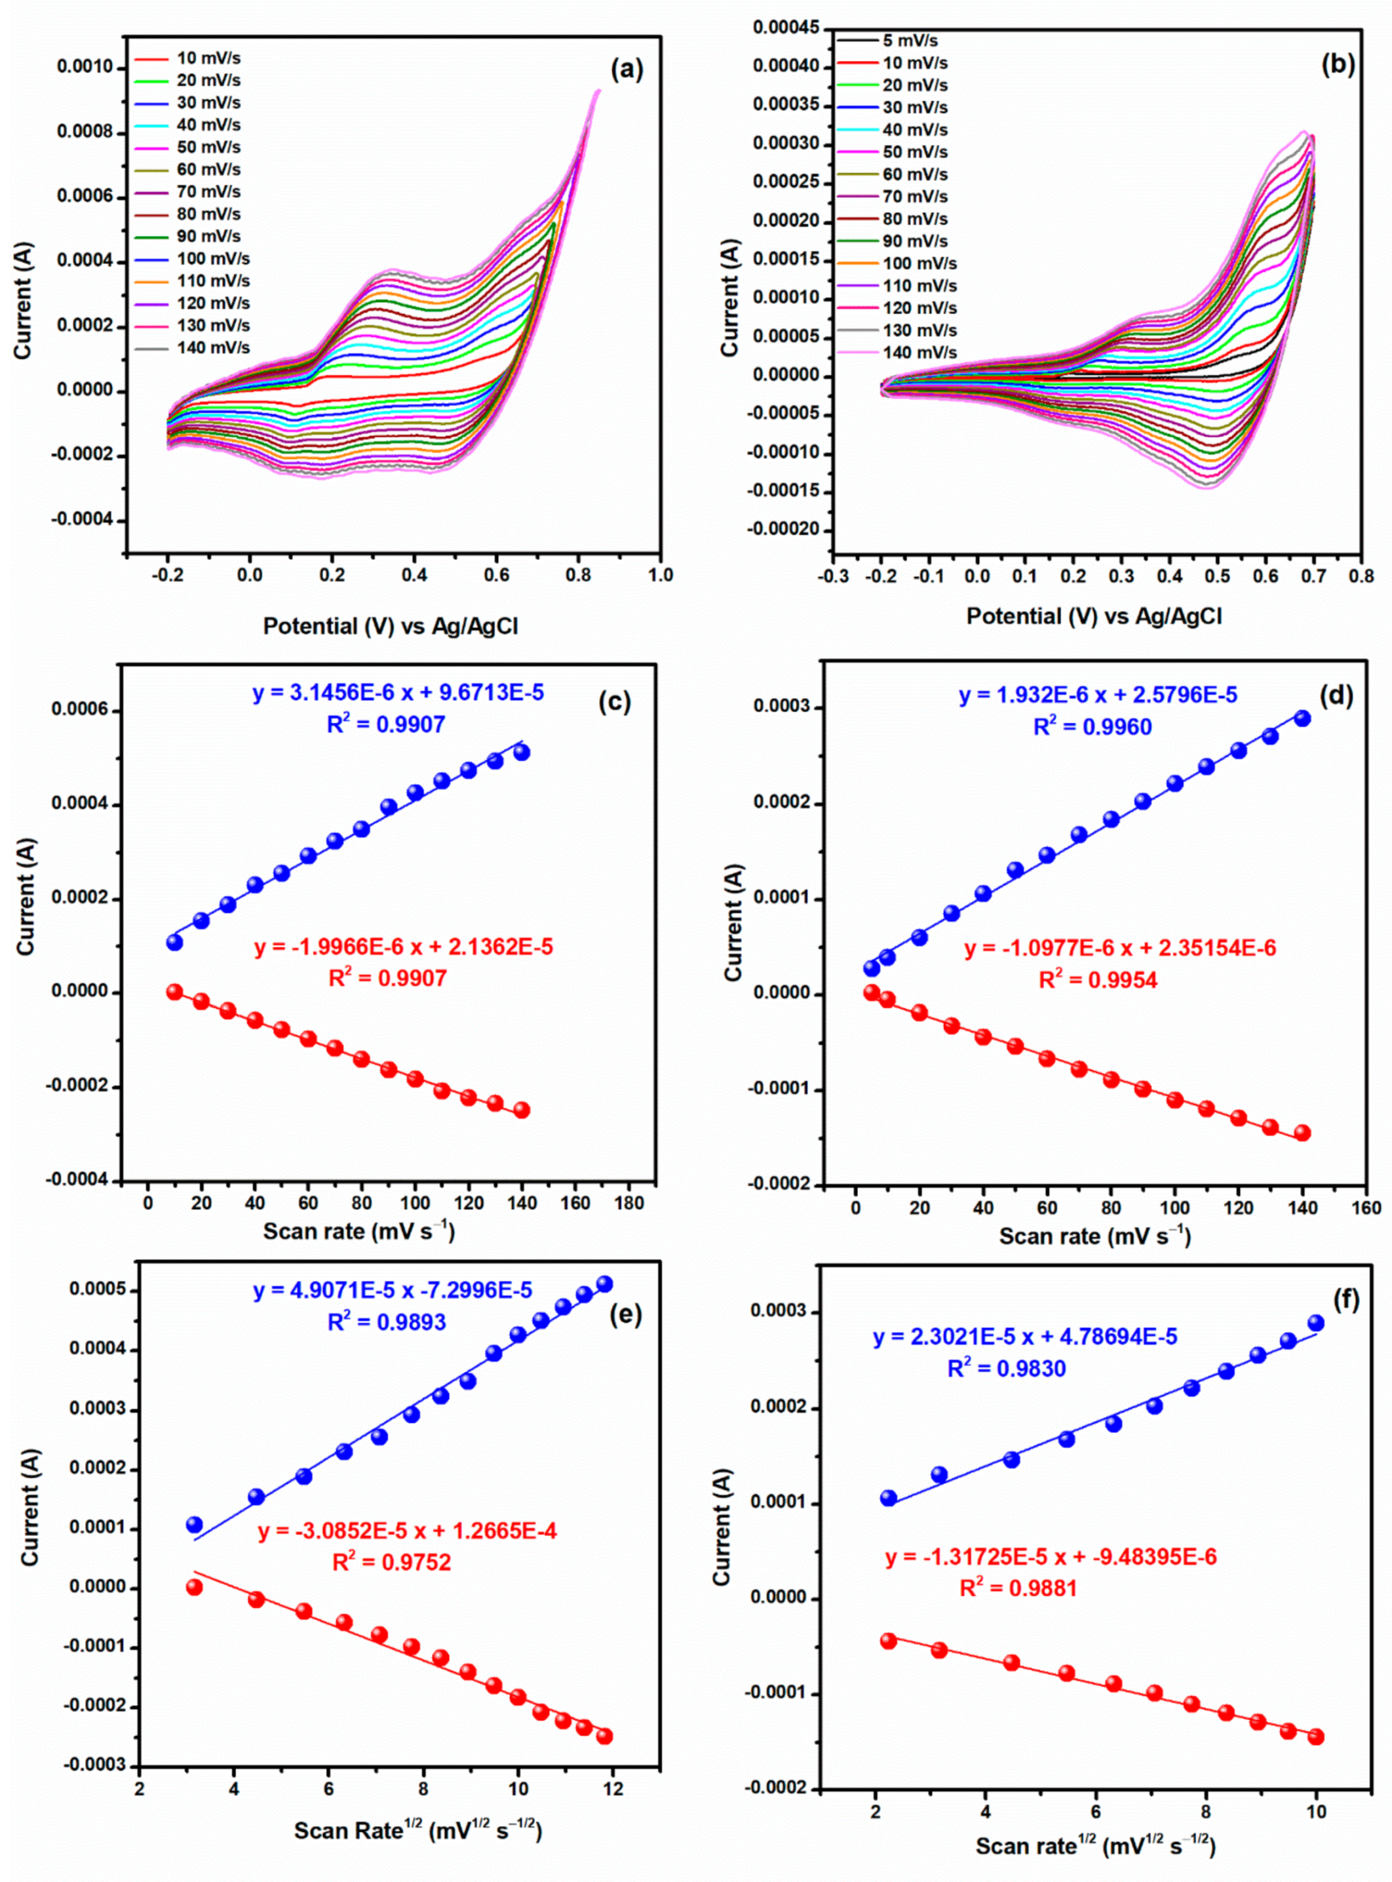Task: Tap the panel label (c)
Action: pyautogui.click(x=614, y=702)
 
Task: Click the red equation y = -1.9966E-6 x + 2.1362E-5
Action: pyautogui.click(x=404, y=947)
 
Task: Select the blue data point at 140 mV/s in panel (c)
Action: pyautogui.click(x=522, y=752)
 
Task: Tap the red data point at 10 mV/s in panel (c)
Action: pyautogui.click(x=174, y=992)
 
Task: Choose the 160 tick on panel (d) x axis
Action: pyautogui.click(x=1366, y=1207)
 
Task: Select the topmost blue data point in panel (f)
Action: pyautogui.click(x=1315, y=1323)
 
